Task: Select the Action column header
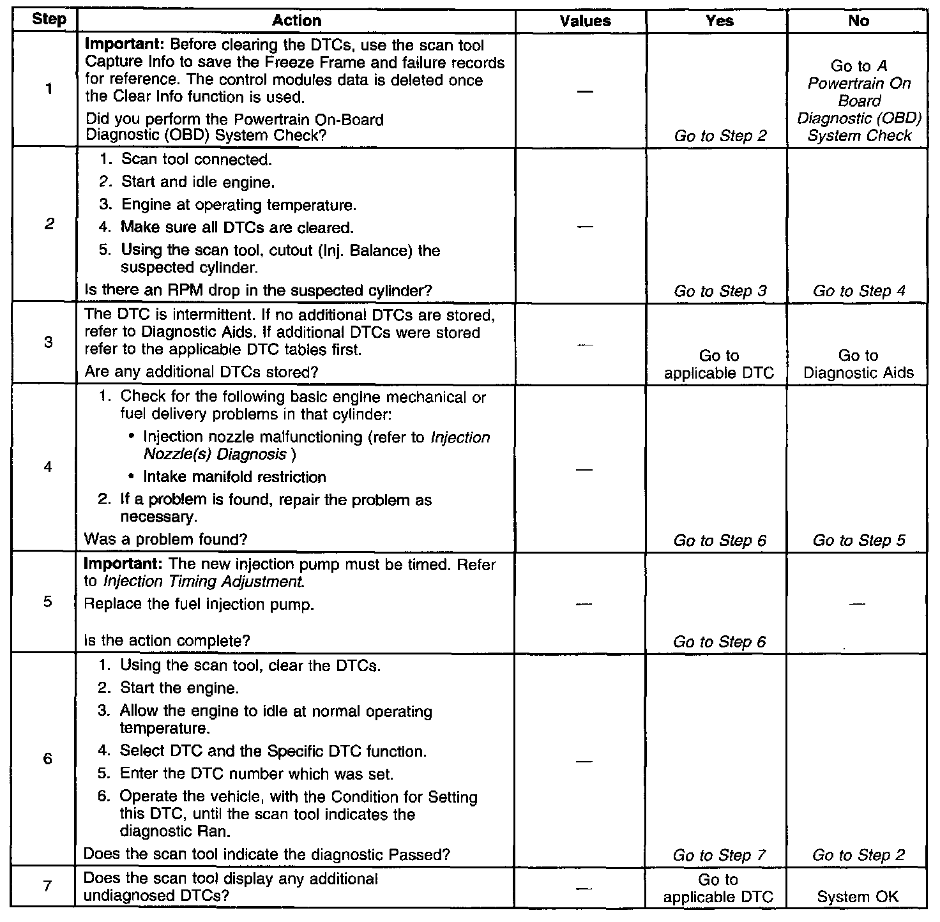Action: point(296,20)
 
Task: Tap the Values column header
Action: point(584,20)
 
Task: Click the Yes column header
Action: point(719,20)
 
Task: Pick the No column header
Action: point(858,20)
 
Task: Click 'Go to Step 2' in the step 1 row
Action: point(720,135)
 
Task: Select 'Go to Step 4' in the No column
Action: point(858,291)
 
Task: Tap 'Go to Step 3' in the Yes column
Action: point(720,291)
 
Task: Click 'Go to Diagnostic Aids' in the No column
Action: point(858,364)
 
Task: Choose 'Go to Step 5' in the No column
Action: point(858,540)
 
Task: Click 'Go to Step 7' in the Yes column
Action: point(719,855)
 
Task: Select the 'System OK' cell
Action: point(858,896)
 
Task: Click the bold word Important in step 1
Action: point(114,46)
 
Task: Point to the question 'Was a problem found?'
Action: point(165,540)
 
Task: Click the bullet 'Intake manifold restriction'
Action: point(234,477)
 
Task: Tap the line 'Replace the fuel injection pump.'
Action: point(199,604)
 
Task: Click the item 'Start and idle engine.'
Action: point(198,183)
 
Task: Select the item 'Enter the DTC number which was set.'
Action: point(256,774)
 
